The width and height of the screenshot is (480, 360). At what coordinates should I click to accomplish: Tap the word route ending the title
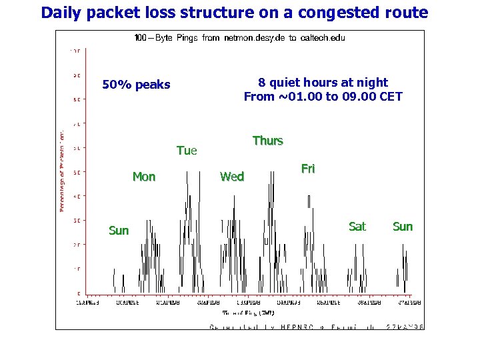[x=405, y=13]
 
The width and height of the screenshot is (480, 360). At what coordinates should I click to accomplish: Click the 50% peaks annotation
[x=136, y=85]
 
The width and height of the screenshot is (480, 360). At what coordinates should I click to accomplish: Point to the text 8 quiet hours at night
[x=323, y=82]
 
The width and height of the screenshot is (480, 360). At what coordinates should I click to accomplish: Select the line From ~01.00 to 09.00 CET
[x=323, y=97]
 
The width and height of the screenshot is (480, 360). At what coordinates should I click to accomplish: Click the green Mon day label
[x=144, y=177]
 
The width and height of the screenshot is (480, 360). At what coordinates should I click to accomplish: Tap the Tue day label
[x=187, y=151]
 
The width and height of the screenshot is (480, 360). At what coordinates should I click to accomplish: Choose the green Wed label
[x=232, y=177]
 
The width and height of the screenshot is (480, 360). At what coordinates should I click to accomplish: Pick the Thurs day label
[x=267, y=141]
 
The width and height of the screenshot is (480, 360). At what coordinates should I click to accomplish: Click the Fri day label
[x=308, y=169]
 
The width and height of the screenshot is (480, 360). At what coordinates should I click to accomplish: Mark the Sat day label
[x=357, y=227]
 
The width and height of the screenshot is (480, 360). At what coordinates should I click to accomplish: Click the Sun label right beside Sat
[x=403, y=227]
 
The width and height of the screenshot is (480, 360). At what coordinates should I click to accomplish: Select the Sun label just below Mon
[x=119, y=231]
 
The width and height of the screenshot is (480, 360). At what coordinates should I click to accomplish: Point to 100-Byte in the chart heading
[x=152, y=38]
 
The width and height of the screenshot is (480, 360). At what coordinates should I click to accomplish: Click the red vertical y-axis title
[x=62, y=171]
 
